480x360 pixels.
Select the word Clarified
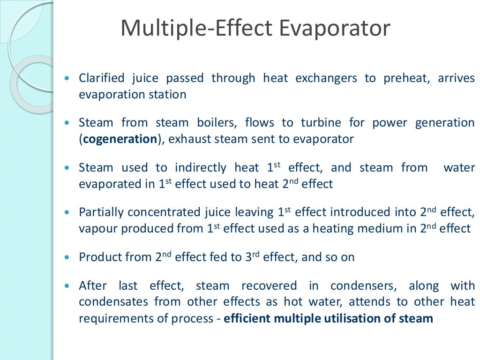point(102,78)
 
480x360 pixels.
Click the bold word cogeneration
point(120,139)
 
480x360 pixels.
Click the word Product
point(99,257)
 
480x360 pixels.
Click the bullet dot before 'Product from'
point(70,258)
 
